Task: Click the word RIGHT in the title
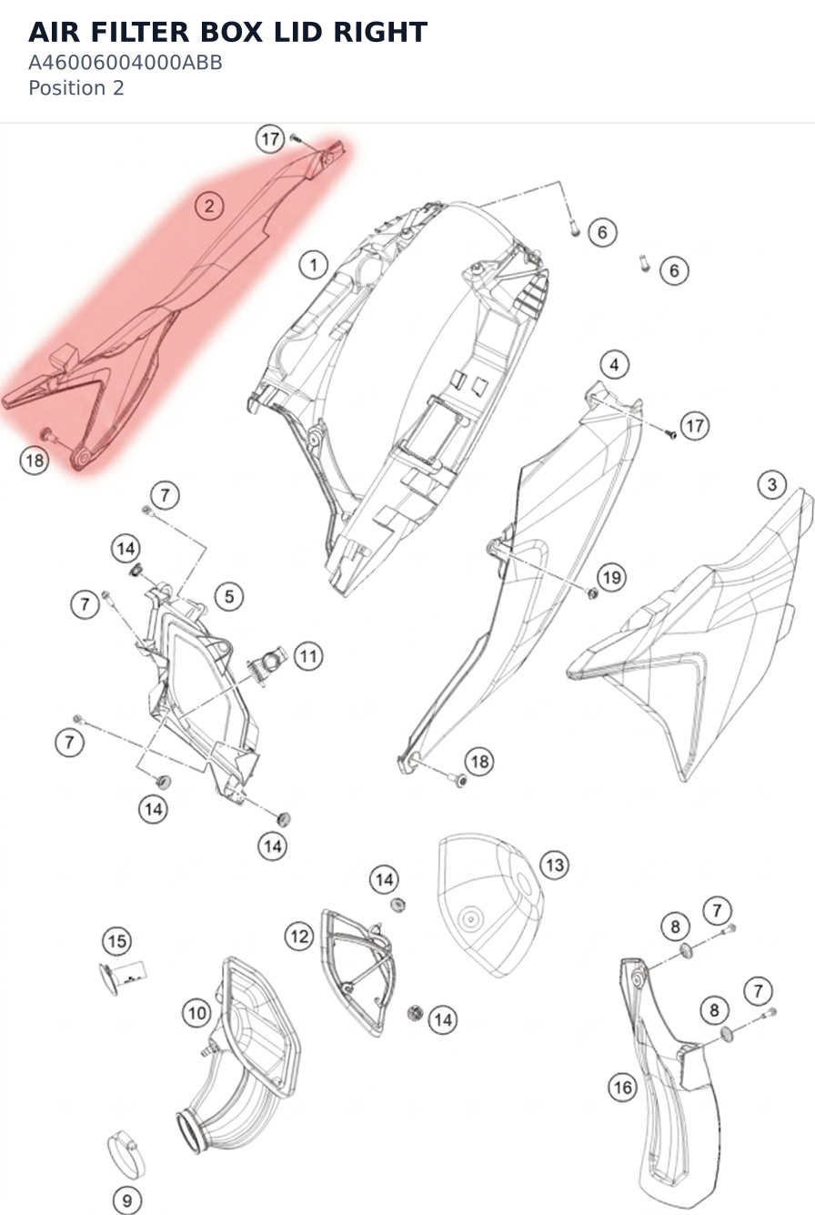click(380, 33)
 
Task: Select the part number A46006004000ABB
click(126, 63)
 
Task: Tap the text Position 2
click(75, 88)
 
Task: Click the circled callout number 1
click(314, 265)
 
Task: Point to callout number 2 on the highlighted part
click(209, 206)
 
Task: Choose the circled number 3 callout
click(772, 484)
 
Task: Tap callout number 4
click(614, 365)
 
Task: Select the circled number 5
click(229, 597)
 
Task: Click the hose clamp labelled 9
click(126, 1155)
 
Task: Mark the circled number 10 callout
click(196, 1013)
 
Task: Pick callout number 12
click(300, 937)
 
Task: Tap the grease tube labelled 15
click(123, 977)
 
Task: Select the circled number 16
click(622, 1087)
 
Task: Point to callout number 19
click(612, 577)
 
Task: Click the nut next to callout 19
click(592, 593)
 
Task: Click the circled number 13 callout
click(555, 865)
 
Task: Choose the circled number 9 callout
click(127, 1200)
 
